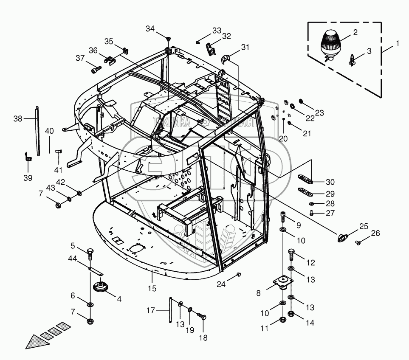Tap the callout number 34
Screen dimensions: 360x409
tap(150, 29)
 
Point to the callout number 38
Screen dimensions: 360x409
tap(17, 119)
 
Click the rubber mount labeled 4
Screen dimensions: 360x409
tap(100, 287)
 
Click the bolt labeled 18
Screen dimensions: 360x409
tap(202, 318)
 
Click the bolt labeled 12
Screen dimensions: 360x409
tap(291, 253)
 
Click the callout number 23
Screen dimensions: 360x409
tap(319, 113)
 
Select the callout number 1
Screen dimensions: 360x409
tap(398, 43)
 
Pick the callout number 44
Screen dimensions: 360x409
tap(73, 258)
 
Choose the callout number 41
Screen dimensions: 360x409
tap(58, 170)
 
